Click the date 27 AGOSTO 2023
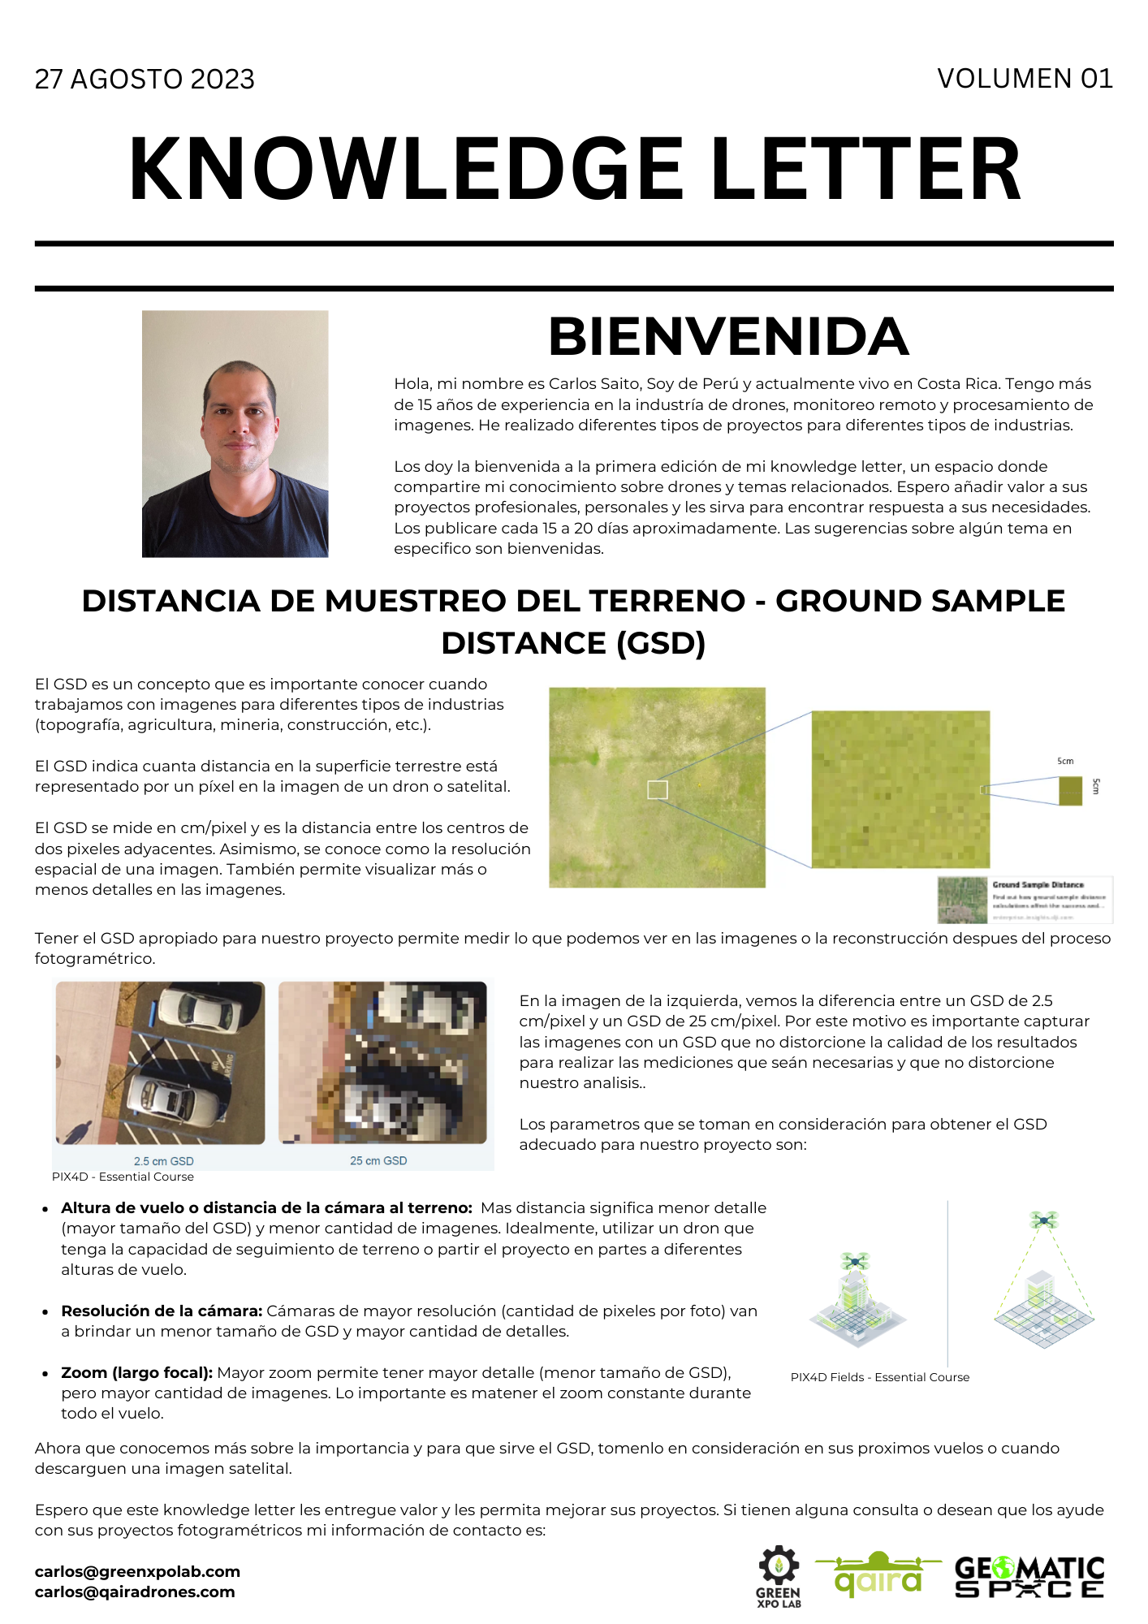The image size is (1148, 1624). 145,79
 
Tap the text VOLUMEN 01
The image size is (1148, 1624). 1024,78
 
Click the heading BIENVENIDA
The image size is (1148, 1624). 728,336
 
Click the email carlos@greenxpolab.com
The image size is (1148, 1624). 137,1571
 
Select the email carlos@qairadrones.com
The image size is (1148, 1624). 135,1592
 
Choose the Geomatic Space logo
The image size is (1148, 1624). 1029,1576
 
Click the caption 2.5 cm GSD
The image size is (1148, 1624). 163,1161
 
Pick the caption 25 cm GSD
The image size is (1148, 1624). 378,1160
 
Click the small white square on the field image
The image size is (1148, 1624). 657,789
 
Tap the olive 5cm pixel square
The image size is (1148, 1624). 1070,791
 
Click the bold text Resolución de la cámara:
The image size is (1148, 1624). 162,1311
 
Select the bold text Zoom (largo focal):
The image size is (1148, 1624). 136,1372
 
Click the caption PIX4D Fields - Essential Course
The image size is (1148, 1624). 879,1377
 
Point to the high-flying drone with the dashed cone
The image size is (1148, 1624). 1043,1220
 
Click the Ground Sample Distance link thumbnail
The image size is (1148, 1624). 1025,900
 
